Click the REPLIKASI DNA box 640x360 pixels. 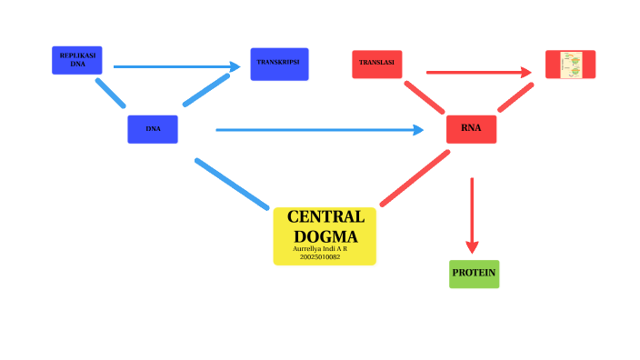pos(77,60)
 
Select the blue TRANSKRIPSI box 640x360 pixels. pos(279,64)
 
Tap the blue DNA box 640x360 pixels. pos(153,129)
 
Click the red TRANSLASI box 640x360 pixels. pos(376,64)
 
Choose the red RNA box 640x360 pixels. pos(471,129)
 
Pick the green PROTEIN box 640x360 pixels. pos(474,274)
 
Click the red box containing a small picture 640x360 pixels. pos(570,65)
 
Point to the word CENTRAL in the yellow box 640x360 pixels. pos(325,217)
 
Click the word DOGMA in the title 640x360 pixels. pos(325,236)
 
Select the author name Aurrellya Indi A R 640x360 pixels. pos(320,248)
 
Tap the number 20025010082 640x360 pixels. pos(320,257)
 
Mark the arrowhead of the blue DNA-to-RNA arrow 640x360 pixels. pos(418,130)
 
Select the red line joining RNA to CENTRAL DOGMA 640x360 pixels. pos(415,178)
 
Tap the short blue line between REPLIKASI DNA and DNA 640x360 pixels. pos(110,94)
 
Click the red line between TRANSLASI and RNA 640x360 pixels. pos(424,96)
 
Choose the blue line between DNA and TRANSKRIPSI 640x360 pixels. pos(206,90)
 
